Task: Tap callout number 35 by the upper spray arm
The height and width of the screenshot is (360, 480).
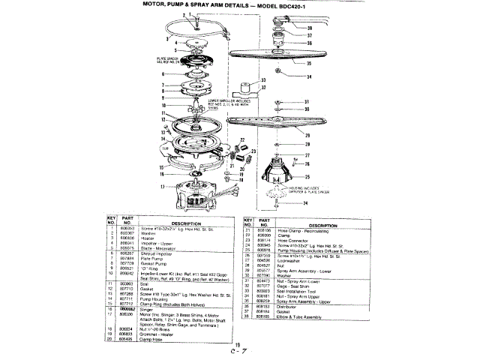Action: tap(286, 64)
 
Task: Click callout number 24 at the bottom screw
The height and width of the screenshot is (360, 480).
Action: tap(285, 203)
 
